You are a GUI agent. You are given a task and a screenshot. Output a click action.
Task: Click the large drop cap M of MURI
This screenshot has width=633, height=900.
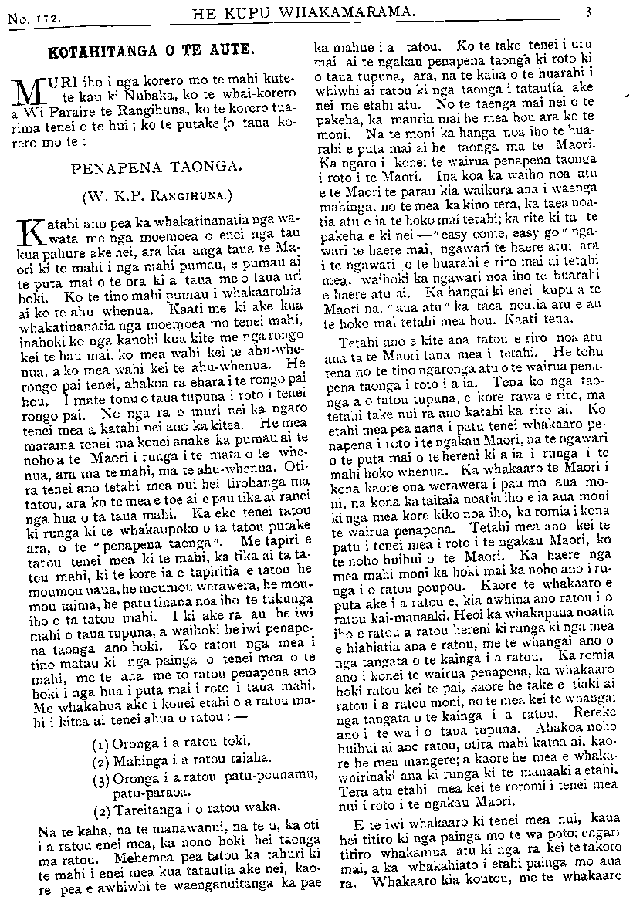coord(28,92)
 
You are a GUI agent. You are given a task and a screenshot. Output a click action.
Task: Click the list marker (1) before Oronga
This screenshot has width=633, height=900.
coord(100,746)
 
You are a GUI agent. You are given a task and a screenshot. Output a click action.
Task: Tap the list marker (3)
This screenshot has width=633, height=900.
coord(100,779)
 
